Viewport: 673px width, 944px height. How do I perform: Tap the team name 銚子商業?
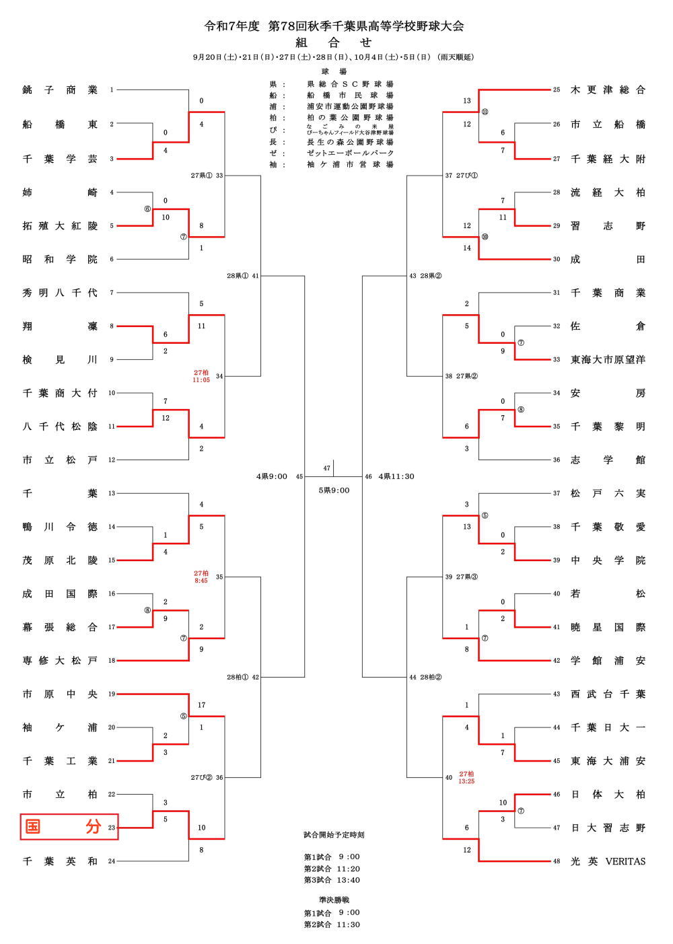click(60, 90)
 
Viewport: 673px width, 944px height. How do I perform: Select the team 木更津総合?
click(608, 90)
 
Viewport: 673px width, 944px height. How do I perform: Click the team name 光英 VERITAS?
click(608, 861)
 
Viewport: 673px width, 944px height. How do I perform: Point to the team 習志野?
click(608, 226)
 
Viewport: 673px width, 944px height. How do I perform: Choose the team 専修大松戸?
click(60, 661)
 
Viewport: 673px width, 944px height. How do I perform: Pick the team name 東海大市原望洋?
click(608, 360)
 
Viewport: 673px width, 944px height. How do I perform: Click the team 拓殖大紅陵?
click(60, 226)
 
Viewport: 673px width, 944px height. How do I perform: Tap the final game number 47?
click(326, 468)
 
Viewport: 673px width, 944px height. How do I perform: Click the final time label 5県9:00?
click(334, 491)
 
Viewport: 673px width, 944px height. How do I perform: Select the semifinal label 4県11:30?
click(396, 476)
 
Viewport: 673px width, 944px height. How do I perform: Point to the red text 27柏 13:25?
click(466, 778)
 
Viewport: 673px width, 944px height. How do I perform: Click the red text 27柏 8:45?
click(201, 577)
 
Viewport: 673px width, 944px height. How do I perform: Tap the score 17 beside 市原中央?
click(201, 705)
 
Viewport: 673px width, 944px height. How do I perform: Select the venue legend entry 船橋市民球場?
click(350, 96)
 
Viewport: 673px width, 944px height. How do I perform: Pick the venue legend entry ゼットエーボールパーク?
click(350, 153)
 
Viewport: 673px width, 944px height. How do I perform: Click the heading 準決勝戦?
click(334, 900)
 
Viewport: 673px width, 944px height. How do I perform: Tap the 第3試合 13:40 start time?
click(332, 880)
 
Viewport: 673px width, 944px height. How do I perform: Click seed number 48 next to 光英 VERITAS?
click(557, 861)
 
